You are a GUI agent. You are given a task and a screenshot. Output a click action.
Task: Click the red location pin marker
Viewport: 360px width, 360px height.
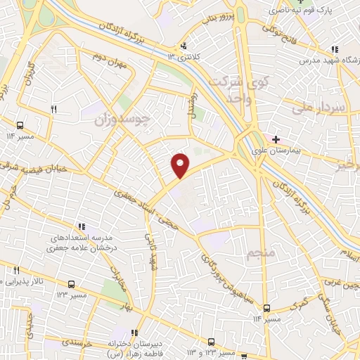tap(181, 165)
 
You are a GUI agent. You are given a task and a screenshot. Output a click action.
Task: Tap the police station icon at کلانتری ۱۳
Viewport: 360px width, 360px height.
tap(184, 46)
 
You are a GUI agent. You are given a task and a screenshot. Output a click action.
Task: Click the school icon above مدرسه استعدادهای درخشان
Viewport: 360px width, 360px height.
tap(82, 227)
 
